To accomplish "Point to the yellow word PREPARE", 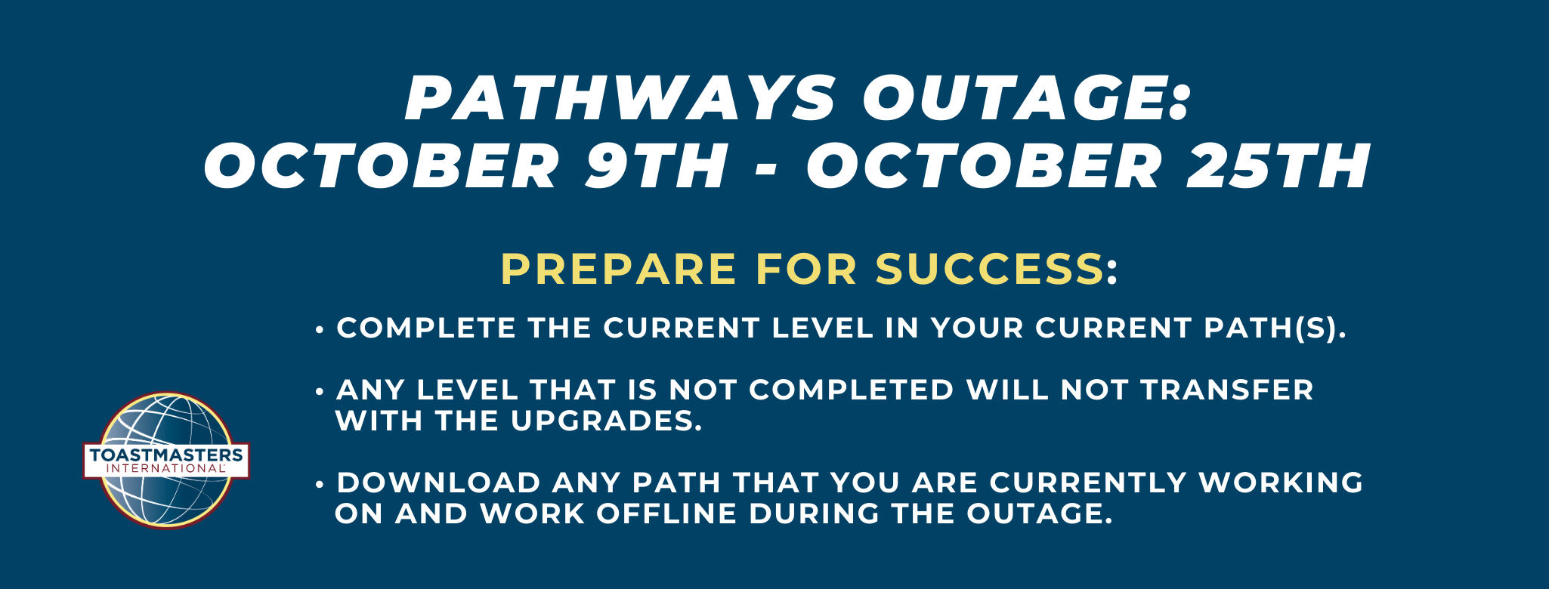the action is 619,270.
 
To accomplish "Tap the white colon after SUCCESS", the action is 1112,273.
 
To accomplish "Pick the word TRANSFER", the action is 1227,390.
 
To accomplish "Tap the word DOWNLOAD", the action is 439,483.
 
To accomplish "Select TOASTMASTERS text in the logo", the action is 166,455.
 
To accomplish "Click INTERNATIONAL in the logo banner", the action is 166,468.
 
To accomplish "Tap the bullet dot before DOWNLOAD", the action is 320,483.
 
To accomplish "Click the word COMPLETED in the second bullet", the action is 852,390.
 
